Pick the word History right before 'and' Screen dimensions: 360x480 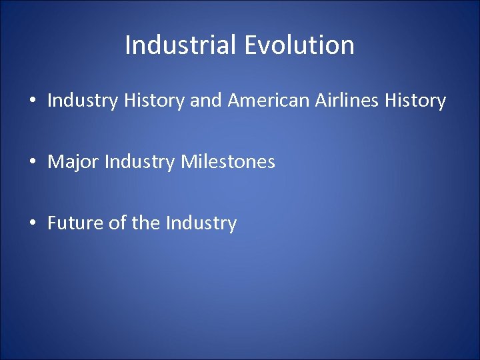coord(148,101)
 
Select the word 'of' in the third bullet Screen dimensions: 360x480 coord(118,223)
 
